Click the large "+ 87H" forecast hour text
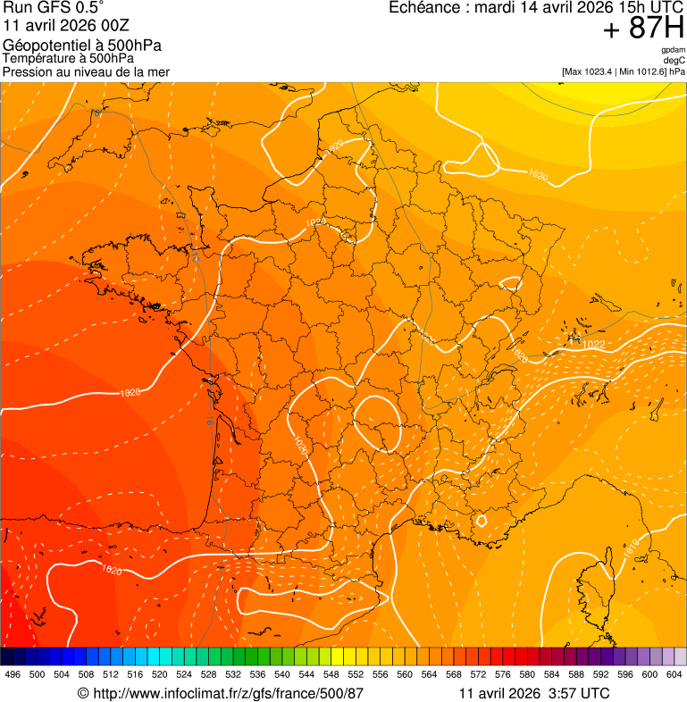click(x=643, y=29)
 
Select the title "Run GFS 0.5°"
click(x=54, y=9)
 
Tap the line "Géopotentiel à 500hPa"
click(x=82, y=46)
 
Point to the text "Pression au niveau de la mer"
click(x=86, y=71)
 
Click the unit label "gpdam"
click(x=673, y=50)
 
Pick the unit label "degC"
click(x=674, y=60)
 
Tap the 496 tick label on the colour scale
click(x=13, y=674)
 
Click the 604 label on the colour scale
click(x=674, y=674)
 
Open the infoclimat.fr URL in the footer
click(x=228, y=693)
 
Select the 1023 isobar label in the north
click(x=336, y=146)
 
